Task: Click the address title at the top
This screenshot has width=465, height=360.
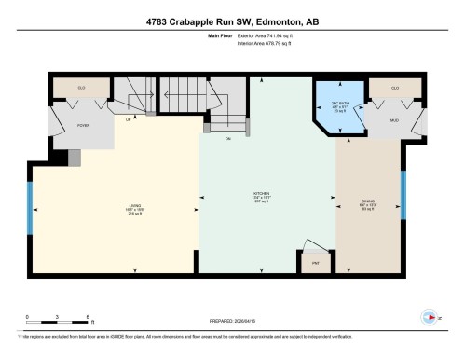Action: [232, 21]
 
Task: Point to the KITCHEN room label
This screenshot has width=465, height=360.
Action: [267, 198]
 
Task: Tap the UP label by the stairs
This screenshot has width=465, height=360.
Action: [128, 119]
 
